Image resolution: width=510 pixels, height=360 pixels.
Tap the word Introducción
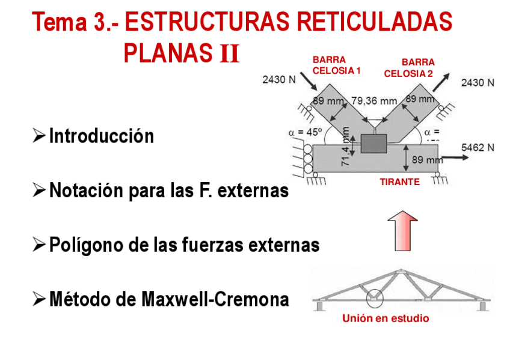pyautogui.click(x=101, y=136)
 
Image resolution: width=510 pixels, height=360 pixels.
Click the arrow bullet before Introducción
pyautogui.click(x=39, y=136)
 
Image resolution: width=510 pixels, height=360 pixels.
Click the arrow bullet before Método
pyautogui.click(x=39, y=299)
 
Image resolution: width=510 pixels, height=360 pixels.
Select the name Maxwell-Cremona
pyautogui.click(x=215, y=299)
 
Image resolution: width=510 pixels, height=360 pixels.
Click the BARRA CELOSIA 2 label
pyautogui.click(x=409, y=68)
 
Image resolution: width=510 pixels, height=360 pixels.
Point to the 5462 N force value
pyautogui.click(x=478, y=147)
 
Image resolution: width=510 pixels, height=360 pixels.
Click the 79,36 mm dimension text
pyautogui.click(x=374, y=100)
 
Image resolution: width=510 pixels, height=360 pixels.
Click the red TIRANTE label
pyautogui.click(x=399, y=182)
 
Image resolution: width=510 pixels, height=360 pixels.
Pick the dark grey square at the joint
pyautogui.click(x=374, y=144)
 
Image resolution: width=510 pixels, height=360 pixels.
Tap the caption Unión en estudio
pyautogui.click(x=386, y=319)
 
